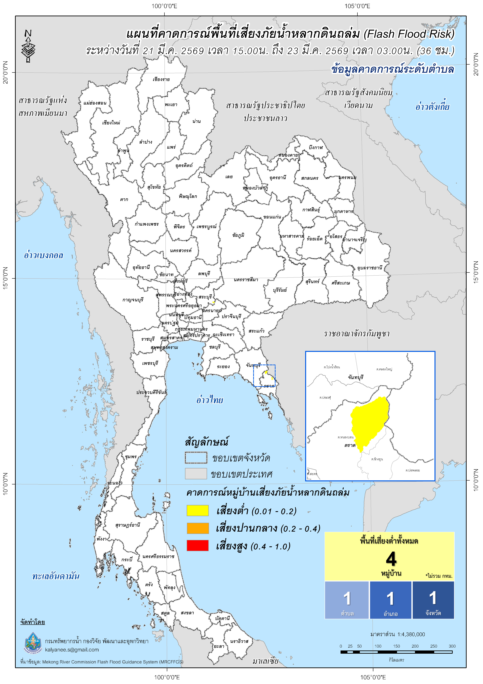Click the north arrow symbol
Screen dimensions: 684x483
pos(28,46)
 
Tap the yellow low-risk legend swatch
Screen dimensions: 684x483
pos(198,511)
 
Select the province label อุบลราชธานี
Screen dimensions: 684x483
pos(369,268)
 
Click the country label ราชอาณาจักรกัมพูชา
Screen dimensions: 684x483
pos(357,334)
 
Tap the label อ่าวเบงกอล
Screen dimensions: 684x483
pos(43,255)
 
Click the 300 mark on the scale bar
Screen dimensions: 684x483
pos(452,646)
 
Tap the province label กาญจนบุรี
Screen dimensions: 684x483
pos(133,300)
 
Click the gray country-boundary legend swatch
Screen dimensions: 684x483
pos(196,474)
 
